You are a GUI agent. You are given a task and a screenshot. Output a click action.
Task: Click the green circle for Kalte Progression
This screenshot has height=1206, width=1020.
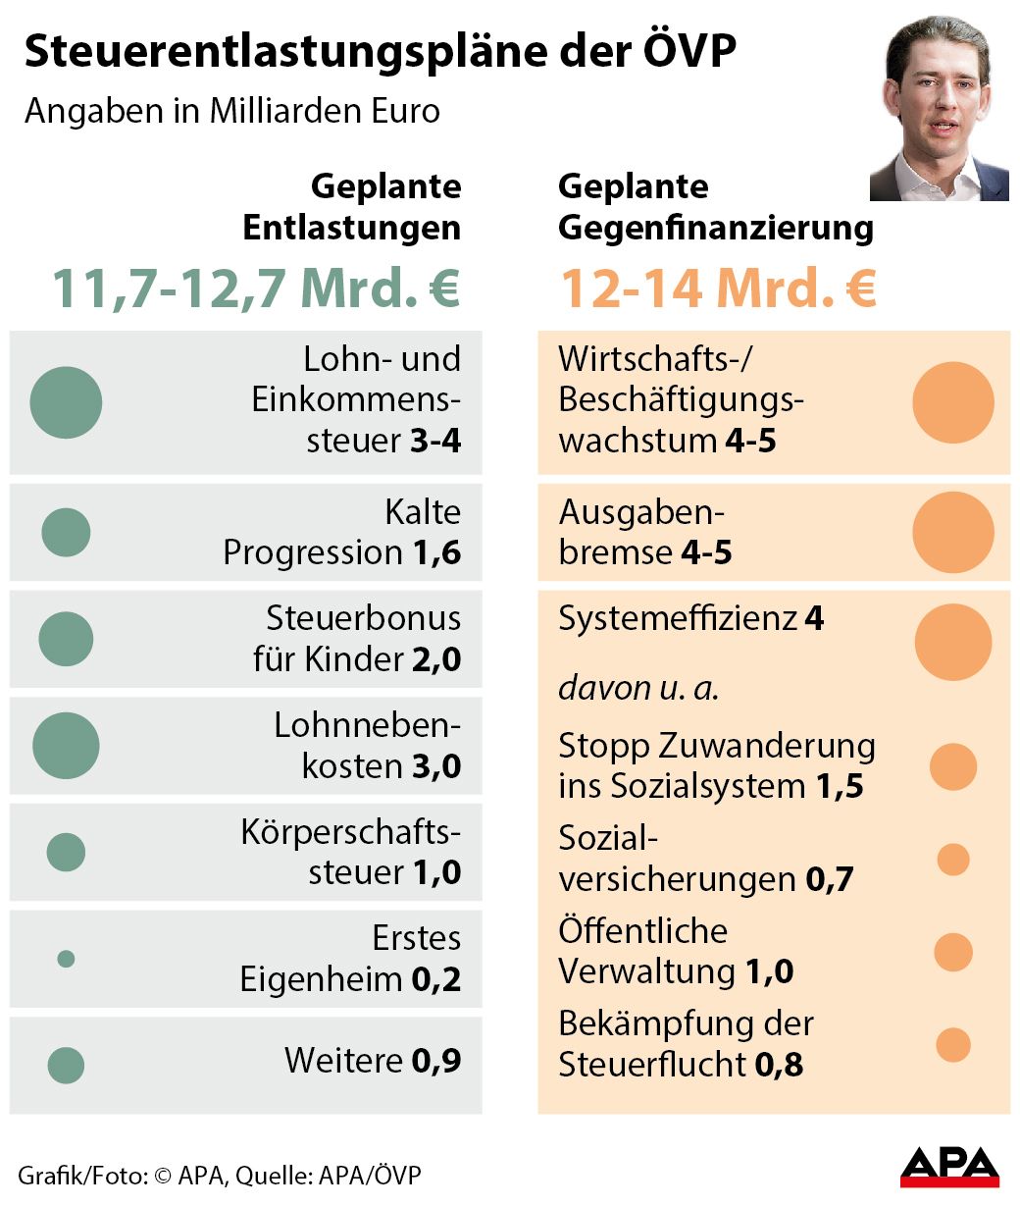coord(66,533)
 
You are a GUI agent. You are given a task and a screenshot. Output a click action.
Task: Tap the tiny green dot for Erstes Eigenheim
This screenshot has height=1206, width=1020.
coord(66,959)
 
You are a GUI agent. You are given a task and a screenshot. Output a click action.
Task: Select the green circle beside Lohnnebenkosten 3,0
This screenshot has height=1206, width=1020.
coord(66,746)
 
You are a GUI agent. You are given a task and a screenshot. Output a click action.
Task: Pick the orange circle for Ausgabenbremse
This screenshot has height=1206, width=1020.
coord(952,533)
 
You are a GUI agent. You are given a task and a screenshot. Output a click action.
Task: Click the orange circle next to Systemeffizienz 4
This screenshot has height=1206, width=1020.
coord(952,642)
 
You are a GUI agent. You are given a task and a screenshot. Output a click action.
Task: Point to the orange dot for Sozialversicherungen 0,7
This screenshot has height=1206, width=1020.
coord(952,860)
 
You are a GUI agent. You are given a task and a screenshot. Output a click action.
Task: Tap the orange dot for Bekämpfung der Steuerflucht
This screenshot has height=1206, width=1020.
coord(952,1045)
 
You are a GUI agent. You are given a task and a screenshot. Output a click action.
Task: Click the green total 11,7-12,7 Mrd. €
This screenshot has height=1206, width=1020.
coord(255,288)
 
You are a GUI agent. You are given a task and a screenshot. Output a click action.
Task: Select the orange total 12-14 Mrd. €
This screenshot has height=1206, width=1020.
coord(717,288)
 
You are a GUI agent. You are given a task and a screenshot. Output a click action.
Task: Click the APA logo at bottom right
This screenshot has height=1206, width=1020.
coord(948,1166)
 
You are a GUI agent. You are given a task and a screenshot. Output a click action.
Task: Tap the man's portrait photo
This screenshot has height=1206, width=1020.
coord(939,108)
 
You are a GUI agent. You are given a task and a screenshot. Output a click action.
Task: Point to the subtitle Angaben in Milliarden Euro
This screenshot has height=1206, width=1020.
coord(232,111)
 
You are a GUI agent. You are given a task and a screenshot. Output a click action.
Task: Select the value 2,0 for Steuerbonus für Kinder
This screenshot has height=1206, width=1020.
coord(436,659)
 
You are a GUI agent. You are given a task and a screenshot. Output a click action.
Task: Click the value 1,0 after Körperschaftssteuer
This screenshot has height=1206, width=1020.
coord(436,872)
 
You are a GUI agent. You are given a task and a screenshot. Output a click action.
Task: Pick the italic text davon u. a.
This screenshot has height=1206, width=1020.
coord(638,688)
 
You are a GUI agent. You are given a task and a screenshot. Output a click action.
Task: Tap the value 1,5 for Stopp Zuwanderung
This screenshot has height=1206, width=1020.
coord(840,786)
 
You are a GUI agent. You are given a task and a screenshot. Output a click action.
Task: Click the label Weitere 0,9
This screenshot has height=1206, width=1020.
coord(373,1061)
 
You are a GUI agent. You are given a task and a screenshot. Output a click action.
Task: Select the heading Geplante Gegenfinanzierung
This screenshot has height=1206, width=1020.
coord(715,207)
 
